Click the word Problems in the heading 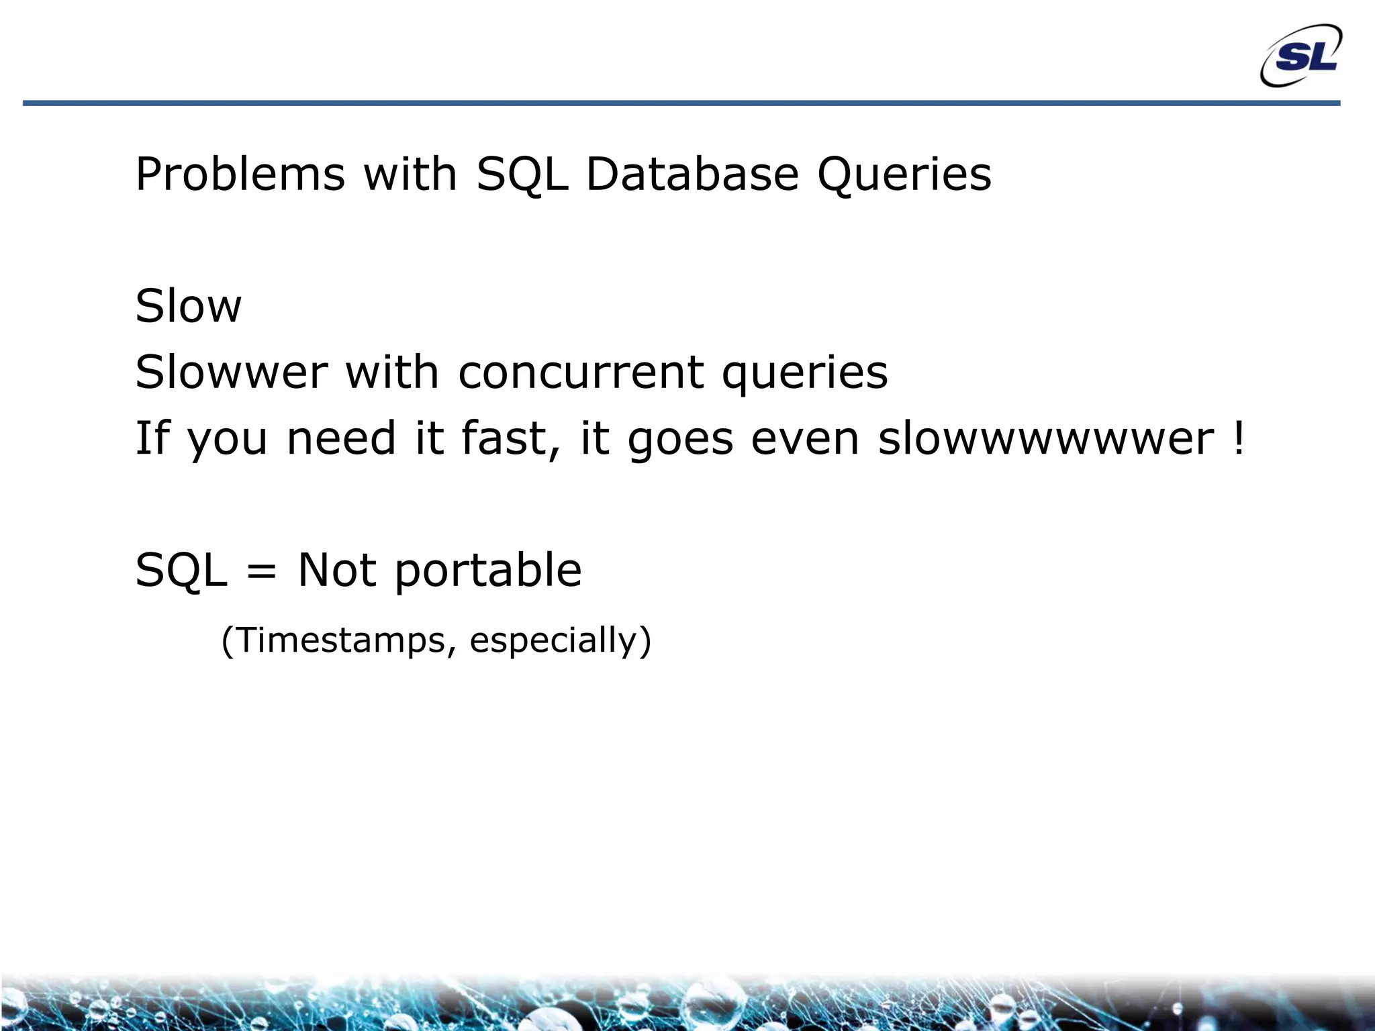(x=240, y=175)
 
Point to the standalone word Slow (x=188, y=307)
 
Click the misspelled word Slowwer (x=232, y=373)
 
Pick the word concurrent (x=581, y=373)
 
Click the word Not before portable (x=337, y=571)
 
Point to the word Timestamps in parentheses (x=341, y=640)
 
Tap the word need (x=341, y=438)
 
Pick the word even (x=804, y=438)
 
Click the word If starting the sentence (x=152, y=438)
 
